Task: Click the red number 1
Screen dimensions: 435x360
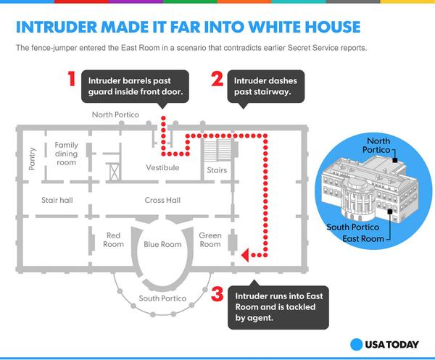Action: point(72,79)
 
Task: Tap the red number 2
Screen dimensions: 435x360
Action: point(216,79)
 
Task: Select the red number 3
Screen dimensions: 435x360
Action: point(217,295)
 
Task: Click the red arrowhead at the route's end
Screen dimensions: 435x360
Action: point(245,254)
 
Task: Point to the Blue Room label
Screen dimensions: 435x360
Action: point(162,245)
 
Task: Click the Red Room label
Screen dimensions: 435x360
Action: point(113,240)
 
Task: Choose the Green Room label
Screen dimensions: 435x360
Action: point(210,240)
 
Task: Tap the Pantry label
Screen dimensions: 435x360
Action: point(32,157)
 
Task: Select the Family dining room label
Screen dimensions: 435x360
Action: point(66,154)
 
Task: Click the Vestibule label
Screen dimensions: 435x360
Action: point(162,168)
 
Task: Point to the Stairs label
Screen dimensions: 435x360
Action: point(217,171)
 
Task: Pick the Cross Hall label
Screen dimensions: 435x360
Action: point(162,200)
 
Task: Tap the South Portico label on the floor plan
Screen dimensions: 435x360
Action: point(162,298)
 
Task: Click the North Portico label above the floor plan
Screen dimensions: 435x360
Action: point(115,115)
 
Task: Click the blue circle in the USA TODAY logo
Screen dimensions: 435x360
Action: point(357,344)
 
